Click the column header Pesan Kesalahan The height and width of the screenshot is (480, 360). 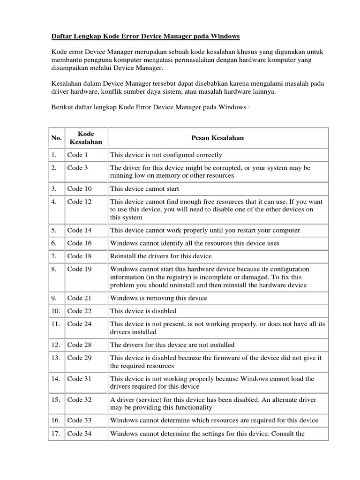[217, 138]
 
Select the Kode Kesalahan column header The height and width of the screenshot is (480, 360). [86, 138]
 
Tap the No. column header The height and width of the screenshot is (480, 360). [56, 138]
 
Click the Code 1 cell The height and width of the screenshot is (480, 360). [77, 155]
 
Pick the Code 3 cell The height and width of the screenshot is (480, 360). [77, 168]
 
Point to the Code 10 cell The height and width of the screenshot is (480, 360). [79, 189]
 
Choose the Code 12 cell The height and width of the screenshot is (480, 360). [79, 202]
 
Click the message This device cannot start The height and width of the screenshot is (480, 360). [144, 189]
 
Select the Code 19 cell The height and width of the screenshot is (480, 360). [79, 269]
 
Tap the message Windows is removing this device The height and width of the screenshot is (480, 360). [158, 298]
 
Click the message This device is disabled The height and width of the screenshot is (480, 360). [143, 311]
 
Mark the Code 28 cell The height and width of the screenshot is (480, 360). [79, 345]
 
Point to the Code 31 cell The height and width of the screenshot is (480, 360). [79, 379]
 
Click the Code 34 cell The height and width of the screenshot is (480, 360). [79, 434]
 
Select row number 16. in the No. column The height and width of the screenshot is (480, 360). [56, 420]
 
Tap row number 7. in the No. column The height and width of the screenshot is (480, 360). [54, 256]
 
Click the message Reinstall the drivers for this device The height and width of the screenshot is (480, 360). [161, 256]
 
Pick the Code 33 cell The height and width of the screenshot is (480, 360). [79, 420]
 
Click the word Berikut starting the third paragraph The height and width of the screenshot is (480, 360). [62, 107]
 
